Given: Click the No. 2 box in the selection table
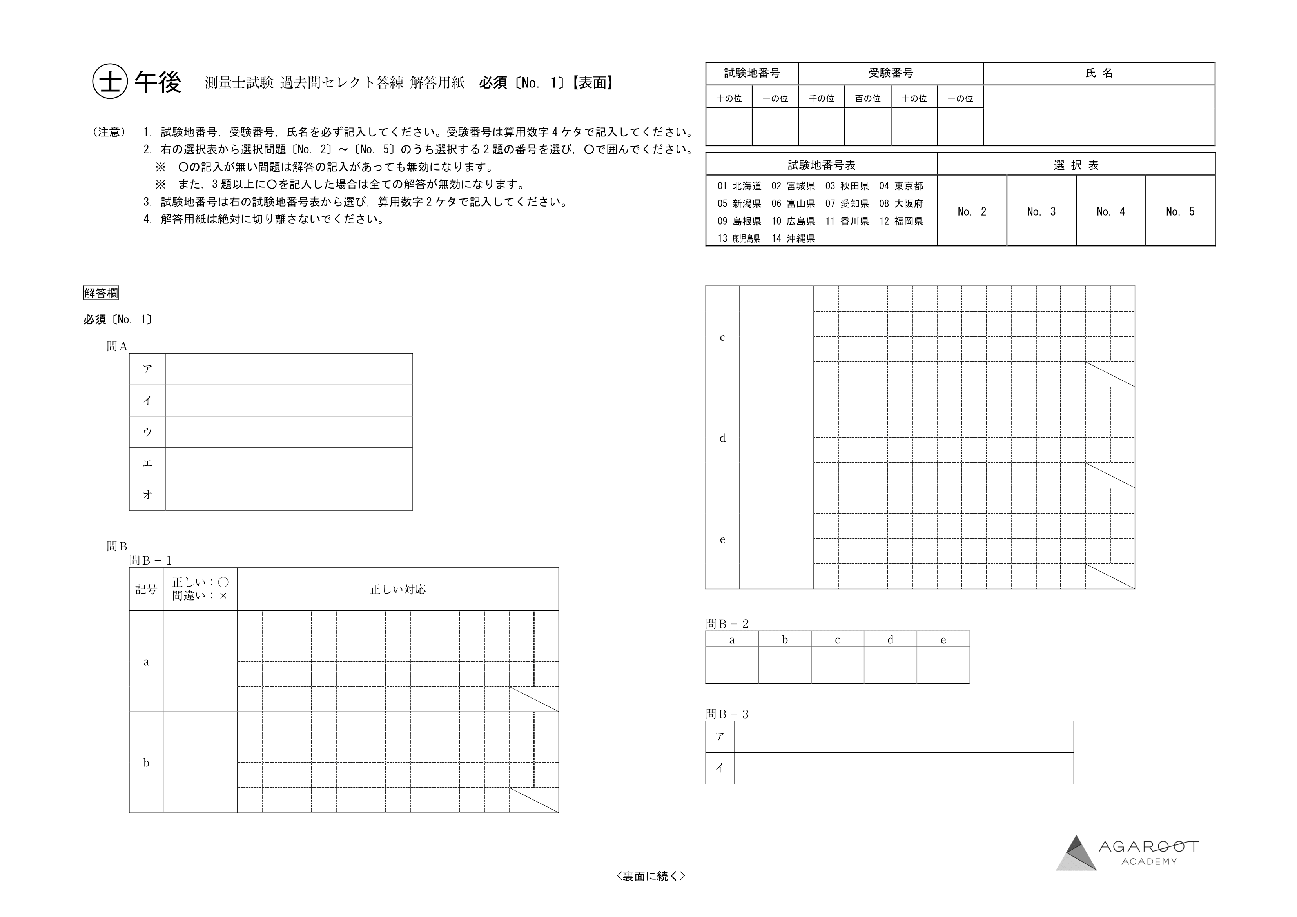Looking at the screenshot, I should click(972, 211).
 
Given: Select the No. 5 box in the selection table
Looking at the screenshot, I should click(1180, 211).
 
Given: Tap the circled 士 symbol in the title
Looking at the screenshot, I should click(110, 82).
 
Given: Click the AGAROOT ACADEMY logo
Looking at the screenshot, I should click(1126, 853).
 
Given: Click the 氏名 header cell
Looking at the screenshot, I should click(1099, 73).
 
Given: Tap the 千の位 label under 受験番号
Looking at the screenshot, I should click(822, 98).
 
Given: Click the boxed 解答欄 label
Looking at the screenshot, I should click(101, 293).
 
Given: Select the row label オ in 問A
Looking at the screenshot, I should click(147, 494).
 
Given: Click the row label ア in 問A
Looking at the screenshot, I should click(147, 369).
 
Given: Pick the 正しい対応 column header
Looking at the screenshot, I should click(398, 589).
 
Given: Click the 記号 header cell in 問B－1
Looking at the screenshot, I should click(146, 589).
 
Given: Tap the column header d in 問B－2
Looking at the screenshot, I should click(890, 639).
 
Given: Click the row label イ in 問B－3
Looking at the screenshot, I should click(720, 768).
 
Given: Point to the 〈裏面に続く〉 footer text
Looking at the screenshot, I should click(651, 876).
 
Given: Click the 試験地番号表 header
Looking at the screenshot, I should click(822, 165).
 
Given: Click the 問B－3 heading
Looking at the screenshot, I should click(727, 714).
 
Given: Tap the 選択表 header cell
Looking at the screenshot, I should click(1076, 165).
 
